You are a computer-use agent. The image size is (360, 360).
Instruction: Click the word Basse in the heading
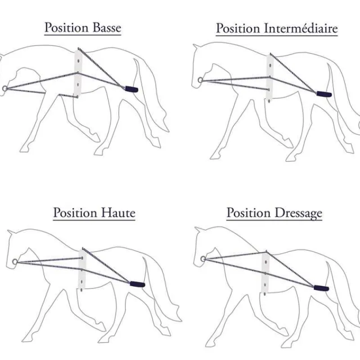pyautogui.click(x=107, y=28)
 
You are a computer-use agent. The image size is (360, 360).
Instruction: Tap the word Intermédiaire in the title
pyautogui.click(x=301, y=28)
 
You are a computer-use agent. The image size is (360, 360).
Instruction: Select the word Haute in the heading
pyautogui.click(x=118, y=213)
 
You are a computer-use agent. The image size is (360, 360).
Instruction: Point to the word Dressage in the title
pyautogui.click(x=298, y=213)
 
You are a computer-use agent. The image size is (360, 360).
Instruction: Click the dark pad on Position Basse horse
pyautogui.click(x=131, y=89)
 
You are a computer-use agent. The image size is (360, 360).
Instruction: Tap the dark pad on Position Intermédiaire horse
pyautogui.click(x=324, y=94)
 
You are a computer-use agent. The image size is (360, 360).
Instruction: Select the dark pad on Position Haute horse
pyautogui.click(x=137, y=284)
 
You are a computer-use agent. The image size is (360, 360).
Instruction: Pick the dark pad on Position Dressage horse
pyautogui.click(x=321, y=288)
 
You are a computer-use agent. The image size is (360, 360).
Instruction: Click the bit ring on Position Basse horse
pyautogui.click(x=5, y=88)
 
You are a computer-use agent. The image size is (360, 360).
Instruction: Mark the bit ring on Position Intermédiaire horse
pyautogui.click(x=200, y=80)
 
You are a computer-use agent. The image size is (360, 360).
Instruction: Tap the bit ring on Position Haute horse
pyautogui.click(x=15, y=262)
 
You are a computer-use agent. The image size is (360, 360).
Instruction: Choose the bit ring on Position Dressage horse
pyautogui.click(x=203, y=259)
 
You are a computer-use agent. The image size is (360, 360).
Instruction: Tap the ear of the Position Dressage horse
pyautogui.click(x=199, y=230)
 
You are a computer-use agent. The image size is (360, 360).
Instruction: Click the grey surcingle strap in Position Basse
pyautogui.click(x=78, y=74)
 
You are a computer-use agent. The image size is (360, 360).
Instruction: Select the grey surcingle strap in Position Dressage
pyautogui.click(x=265, y=273)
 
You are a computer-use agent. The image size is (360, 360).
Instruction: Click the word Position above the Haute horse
pyautogui.click(x=75, y=213)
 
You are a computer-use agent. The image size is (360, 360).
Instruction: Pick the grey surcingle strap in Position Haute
pyautogui.click(x=82, y=270)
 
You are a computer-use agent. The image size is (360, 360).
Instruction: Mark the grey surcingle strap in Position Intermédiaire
pyautogui.click(x=270, y=77)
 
